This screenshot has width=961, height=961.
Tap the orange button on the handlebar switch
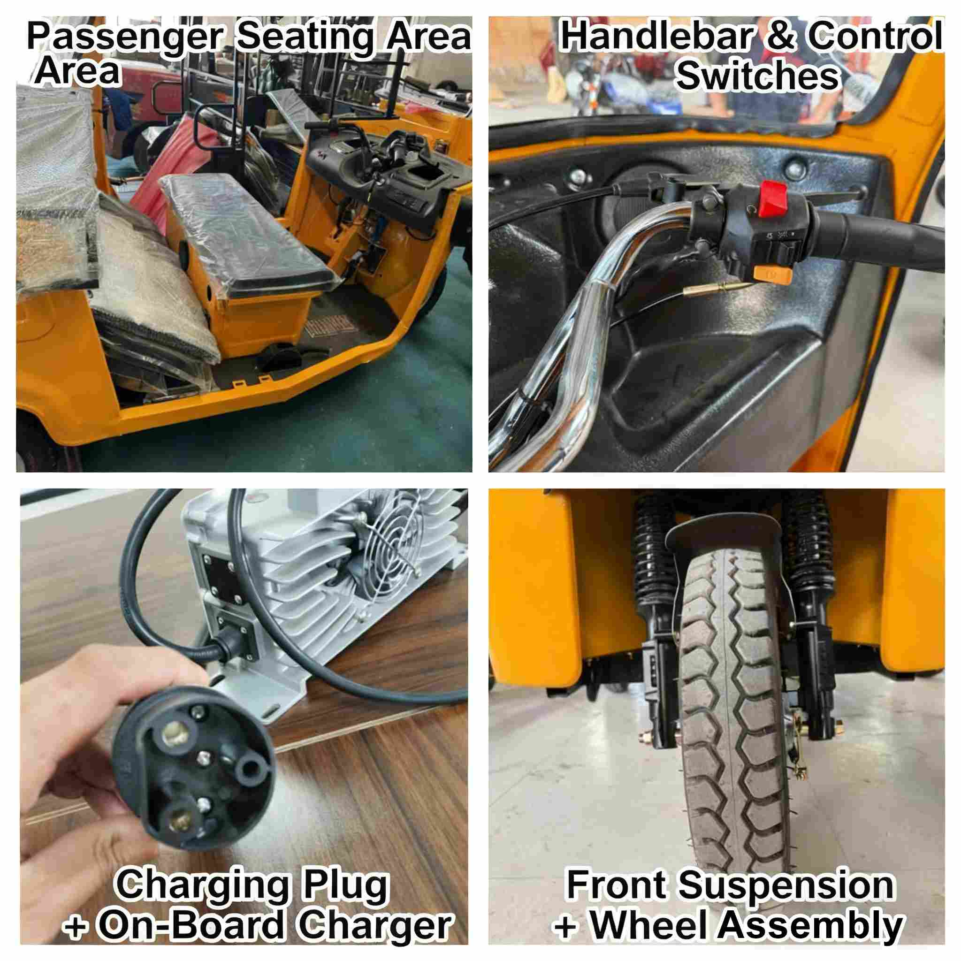coord(772,275)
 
